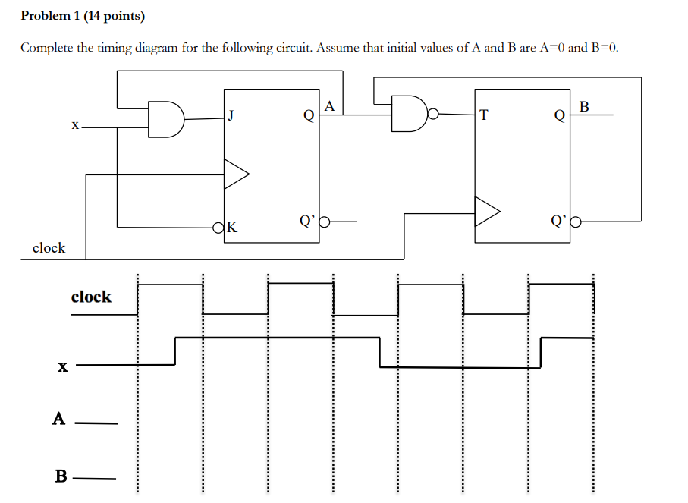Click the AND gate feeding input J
tap(166, 120)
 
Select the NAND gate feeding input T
tap(409, 114)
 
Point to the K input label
tap(231, 226)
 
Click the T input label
tap(485, 115)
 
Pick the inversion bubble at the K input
tap(219, 226)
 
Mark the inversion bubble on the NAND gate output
tap(432, 115)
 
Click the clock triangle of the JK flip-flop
tap(236, 174)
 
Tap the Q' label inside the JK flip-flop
tap(306, 222)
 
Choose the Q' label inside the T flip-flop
tap(558, 222)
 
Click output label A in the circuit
tap(329, 106)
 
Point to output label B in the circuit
tap(583, 106)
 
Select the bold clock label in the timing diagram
tap(91, 297)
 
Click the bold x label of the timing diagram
tap(62, 367)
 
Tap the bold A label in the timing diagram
tap(58, 419)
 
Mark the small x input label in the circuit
tap(74, 127)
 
